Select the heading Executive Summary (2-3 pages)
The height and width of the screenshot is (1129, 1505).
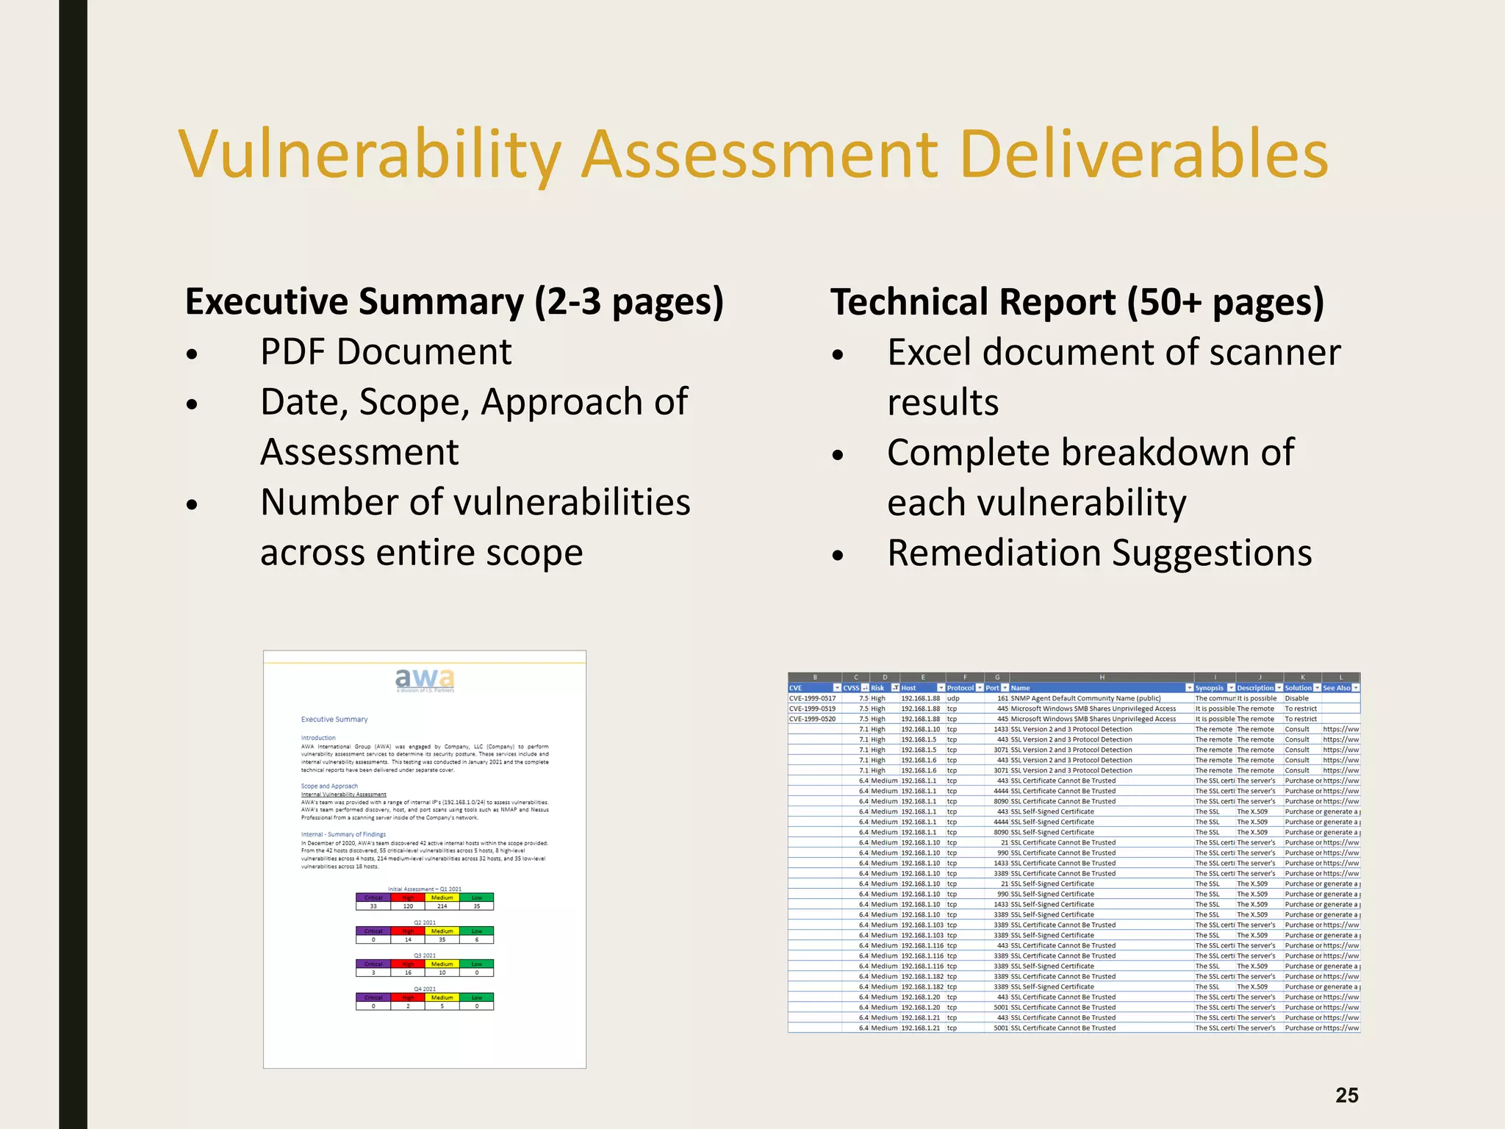point(454,302)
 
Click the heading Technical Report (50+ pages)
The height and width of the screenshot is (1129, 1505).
point(1077,302)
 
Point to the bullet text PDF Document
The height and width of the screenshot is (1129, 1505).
point(385,352)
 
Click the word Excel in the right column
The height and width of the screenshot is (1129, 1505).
point(929,352)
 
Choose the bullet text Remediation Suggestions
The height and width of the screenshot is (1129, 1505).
point(1099,553)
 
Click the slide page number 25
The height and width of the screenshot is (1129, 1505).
point(1346,1095)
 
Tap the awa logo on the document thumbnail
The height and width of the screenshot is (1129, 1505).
point(425,678)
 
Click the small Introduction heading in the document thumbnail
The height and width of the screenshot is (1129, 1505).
point(318,737)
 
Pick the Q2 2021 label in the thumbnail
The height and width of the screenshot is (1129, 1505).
point(425,922)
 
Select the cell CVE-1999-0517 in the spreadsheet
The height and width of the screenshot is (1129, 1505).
point(812,698)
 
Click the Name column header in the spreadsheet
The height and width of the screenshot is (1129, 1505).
point(1021,688)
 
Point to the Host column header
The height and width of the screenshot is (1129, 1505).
point(909,688)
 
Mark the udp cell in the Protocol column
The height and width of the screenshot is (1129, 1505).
point(953,698)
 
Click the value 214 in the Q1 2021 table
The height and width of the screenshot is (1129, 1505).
point(442,906)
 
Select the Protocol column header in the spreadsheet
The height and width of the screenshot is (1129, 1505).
point(960,688)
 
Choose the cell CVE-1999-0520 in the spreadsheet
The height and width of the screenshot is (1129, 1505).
point(812,719)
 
